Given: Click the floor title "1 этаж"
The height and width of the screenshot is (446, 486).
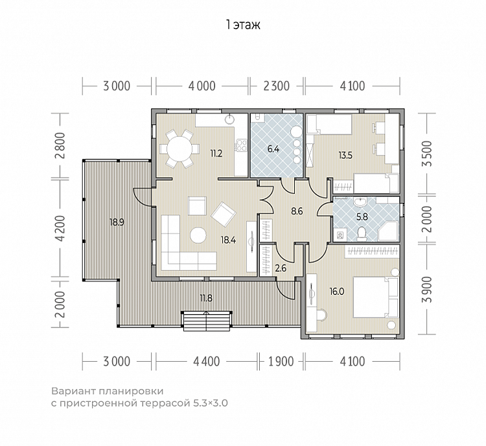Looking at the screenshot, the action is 243,25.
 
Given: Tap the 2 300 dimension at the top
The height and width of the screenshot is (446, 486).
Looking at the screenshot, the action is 277,86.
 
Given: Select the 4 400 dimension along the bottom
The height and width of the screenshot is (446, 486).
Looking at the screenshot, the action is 207,361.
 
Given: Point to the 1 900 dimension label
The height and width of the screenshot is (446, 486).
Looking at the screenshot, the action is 281,361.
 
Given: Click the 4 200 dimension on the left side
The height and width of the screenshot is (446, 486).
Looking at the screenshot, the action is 62,228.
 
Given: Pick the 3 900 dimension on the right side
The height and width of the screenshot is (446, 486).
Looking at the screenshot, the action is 427,289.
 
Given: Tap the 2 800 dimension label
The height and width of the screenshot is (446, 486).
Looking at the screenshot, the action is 62,145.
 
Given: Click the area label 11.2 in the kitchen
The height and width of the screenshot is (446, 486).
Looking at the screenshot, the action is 216,154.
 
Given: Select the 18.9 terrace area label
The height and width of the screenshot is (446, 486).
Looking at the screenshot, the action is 117,222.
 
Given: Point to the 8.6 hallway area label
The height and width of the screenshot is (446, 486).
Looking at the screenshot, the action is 297,211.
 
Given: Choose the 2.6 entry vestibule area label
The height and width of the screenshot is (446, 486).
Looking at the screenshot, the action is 281,268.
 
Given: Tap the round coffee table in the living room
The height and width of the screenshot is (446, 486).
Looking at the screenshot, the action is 198,235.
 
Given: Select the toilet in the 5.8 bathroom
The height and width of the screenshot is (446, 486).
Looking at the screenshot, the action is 362,233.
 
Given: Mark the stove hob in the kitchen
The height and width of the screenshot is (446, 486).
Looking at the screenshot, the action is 242,145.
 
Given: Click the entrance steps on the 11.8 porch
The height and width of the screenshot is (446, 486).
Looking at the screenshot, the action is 207,321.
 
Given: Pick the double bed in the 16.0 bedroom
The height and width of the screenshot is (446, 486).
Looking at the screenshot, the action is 376,297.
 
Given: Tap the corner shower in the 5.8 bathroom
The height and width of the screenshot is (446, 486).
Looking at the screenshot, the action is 388,231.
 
